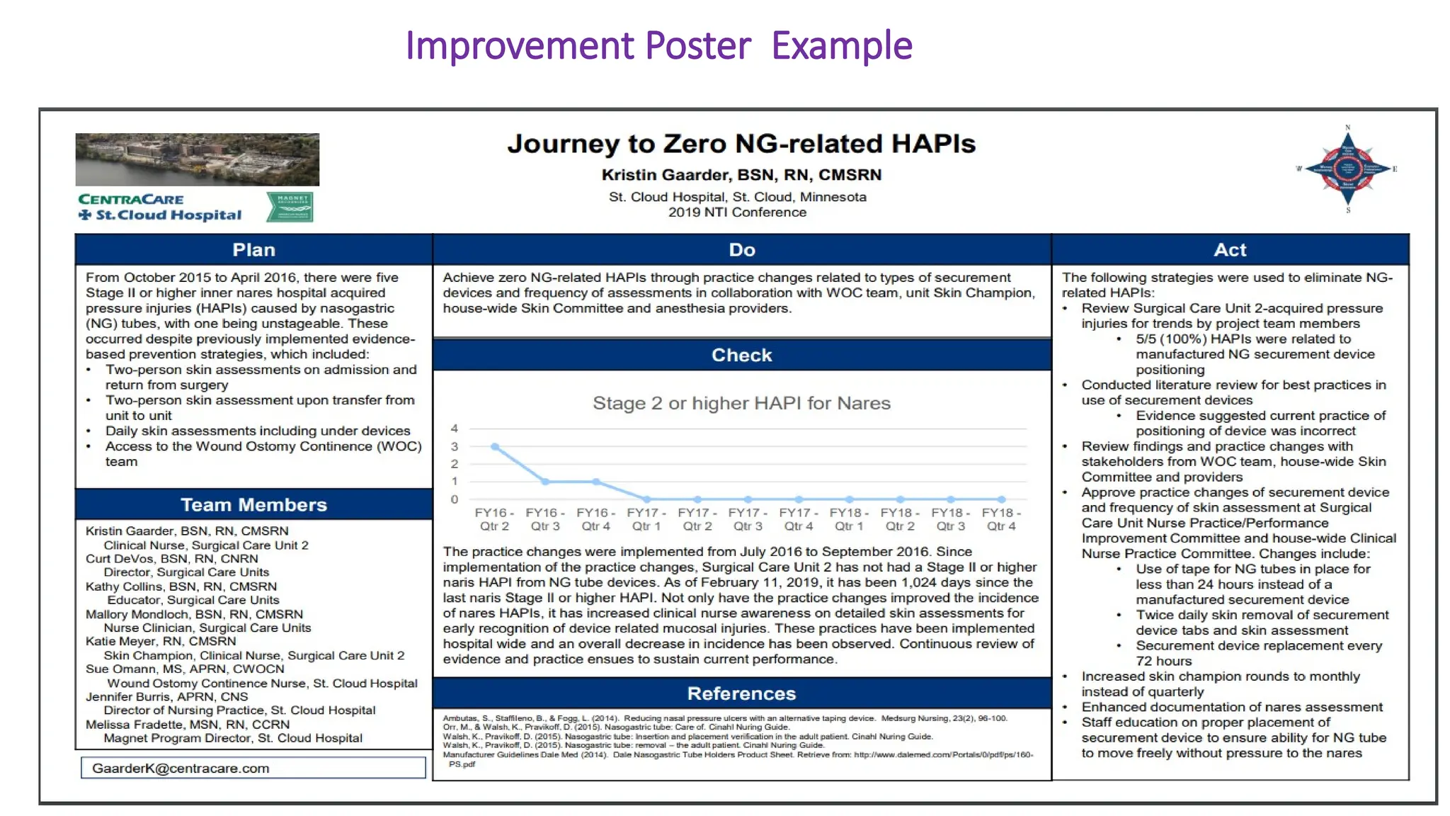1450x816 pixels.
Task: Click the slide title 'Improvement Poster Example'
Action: (x=658, y=46)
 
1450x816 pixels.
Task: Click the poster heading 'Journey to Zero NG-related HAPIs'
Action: (x=741, y=144)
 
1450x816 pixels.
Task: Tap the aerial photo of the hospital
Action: (x=197, y=159)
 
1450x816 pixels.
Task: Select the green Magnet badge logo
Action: (x=290, y=207)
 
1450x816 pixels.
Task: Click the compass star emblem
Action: (x=1347, y=169)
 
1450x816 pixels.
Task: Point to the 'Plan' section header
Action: (x=253, y=250)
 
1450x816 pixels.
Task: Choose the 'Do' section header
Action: (x=742, y=250)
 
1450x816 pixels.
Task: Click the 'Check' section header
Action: (x=742, y=355)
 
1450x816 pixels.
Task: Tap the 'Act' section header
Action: (x=1231, y=250)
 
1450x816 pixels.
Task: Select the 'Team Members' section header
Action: (x=253, y=505)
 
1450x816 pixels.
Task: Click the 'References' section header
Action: (x=742, y=693)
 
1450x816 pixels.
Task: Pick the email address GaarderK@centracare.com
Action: (x=181, y=769)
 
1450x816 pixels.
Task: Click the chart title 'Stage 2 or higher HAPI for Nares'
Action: (x=741, y=403)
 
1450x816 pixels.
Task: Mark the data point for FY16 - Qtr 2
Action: (x=495, y=447)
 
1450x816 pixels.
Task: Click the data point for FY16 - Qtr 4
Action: (x=596, y=482)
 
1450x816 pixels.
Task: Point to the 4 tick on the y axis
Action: (x=455, y=429)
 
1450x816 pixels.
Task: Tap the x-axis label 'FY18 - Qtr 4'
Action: (x=1001, y=519)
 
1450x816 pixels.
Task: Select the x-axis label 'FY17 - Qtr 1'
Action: (x=646, y=519)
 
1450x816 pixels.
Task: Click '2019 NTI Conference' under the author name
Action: (x=737, y=212)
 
